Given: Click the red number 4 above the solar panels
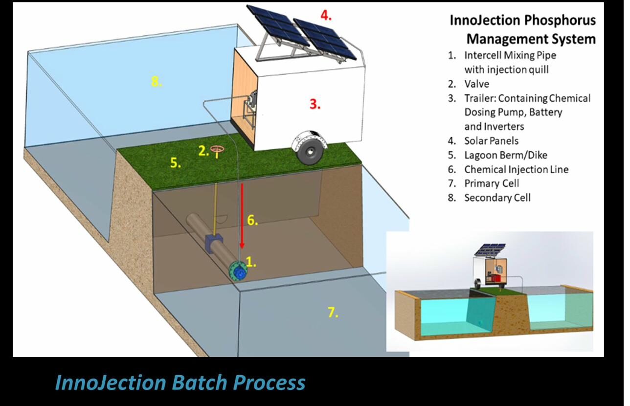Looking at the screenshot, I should pyautogui.click(x=326, y=15).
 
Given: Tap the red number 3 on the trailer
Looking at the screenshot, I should pyautogui.click(x=315, y=104).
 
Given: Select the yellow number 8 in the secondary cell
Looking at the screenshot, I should pyautogui.click(x=156, y=82).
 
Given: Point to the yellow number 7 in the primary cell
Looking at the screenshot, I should pyautogui.click(x=333, y=312).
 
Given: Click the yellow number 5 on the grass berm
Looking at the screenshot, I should pyautogui.click(x=175, y=163).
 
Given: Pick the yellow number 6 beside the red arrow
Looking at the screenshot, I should pyautogui.click(x=252, y=220).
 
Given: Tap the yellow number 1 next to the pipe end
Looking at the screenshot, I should pyautogui.click(x=251, y=262).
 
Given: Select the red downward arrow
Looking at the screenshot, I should pyautogui.click(x=241, y=215).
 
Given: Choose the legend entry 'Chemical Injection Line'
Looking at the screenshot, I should pyautogui.click(x=516, y=169).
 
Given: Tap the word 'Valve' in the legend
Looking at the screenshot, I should pyautogui.click(x=476, y=84).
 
